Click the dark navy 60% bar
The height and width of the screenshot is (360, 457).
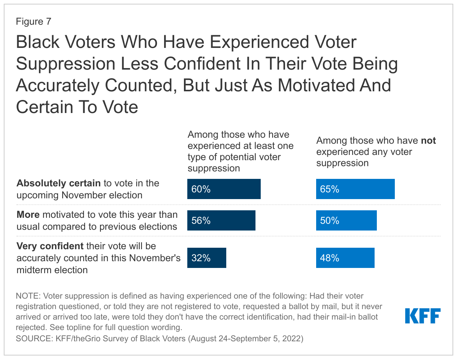coord(224,189)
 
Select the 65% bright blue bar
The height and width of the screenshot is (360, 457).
coord(355,189)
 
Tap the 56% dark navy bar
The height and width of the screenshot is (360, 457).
coord(221,220)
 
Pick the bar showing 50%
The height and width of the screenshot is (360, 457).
coord(346,220)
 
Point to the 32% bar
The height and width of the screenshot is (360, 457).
coord(206,258)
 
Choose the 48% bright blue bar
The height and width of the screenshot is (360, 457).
coord(345,258)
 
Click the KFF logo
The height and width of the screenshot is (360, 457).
coord(423,316)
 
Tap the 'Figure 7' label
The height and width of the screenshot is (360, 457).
coord(33,22)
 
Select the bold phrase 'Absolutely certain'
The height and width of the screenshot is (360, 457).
coord(58,183)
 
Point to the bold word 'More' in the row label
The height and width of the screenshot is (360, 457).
coord(28,215)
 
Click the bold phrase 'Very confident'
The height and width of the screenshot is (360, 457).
coord(50,246)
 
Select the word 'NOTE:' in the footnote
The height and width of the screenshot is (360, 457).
coord(27,296)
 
